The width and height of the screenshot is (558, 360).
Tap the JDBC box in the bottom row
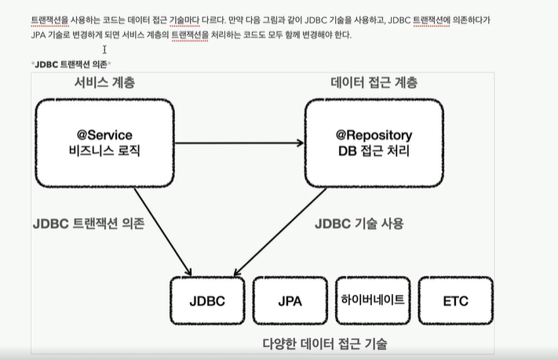(207, 300)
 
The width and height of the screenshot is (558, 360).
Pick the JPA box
(290, 300)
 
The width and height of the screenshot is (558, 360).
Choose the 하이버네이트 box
(373, 300)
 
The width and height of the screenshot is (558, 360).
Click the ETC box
(455, 300)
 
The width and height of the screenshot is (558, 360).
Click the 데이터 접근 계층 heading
(374, 83)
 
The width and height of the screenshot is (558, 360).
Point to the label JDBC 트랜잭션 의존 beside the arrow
(89, 224)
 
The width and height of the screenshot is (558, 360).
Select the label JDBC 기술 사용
(359, 224)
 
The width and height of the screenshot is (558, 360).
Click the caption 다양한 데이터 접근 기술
(324, 344)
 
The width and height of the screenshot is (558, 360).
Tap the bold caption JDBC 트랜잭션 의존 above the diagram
(71, 63)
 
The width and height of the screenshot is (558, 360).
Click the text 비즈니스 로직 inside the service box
(104, 151)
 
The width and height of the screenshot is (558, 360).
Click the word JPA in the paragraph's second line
(38, 35)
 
